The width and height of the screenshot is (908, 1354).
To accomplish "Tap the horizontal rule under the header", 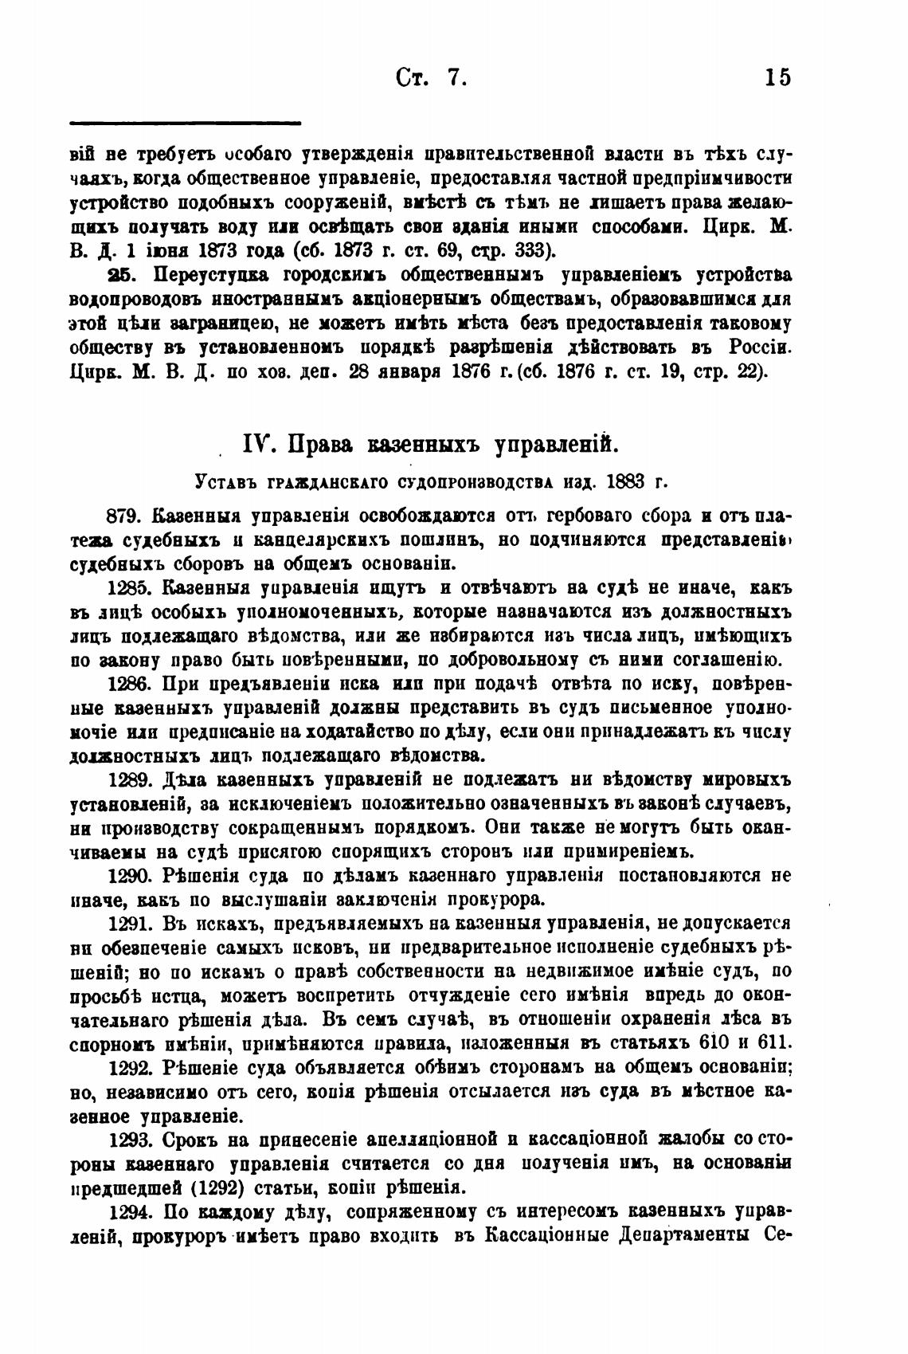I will point(186,123).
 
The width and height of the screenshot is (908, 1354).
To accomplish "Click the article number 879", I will point(125,516).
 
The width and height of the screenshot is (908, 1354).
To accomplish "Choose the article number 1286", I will point(129,683).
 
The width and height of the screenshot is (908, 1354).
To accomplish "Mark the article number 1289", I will point(130,779).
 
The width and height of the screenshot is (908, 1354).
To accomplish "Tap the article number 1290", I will point(130,875).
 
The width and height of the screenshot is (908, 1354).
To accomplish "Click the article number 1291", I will point(129,924).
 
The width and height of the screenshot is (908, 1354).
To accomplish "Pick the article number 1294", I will point(130,1212).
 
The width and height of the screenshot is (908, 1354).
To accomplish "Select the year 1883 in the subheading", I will point(635,481).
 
